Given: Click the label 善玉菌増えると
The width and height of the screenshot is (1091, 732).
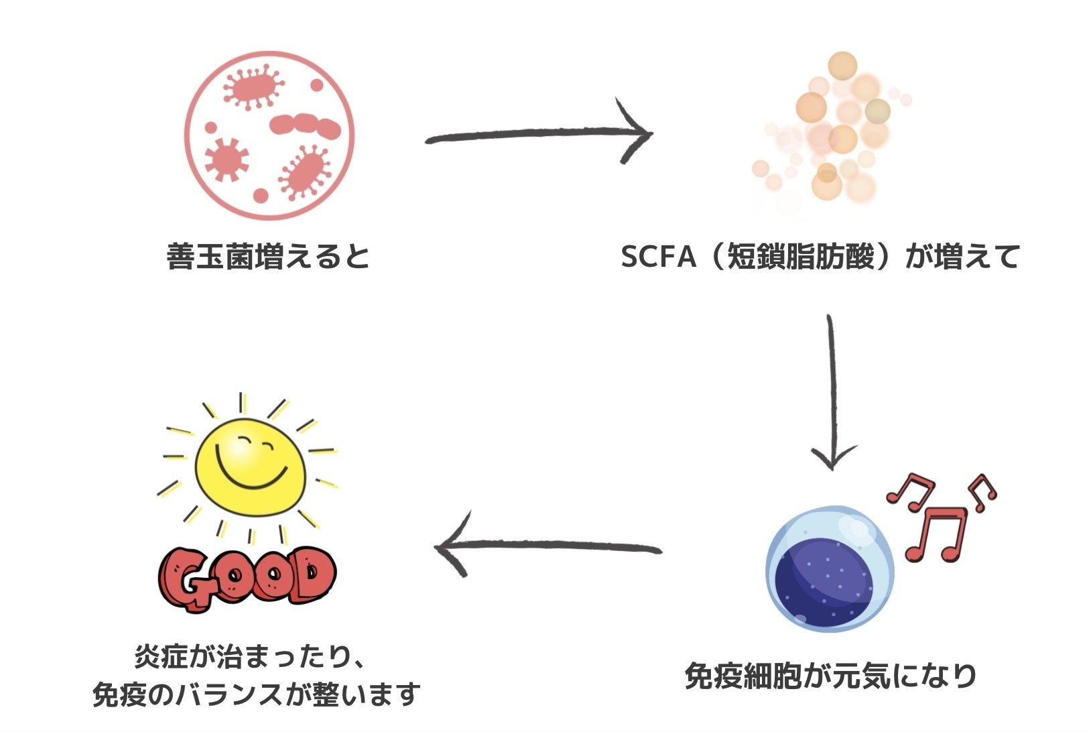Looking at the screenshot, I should (x=268, y=257).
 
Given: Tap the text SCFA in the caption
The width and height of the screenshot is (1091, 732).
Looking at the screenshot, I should (x=658, y=257).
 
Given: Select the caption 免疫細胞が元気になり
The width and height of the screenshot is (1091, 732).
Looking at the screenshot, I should (x=830, y=675).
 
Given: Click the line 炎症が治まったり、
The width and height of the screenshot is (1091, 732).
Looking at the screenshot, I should (x=250, y=657).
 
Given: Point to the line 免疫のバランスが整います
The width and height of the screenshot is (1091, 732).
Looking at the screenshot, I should (x=256, y=694).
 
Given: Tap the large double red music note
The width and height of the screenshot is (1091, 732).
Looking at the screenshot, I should (x=936, y=534).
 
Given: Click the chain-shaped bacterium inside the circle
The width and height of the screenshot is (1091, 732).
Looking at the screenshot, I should (x=305, y=125).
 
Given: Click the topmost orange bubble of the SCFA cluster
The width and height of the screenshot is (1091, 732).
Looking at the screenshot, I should (x=842, y=66).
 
